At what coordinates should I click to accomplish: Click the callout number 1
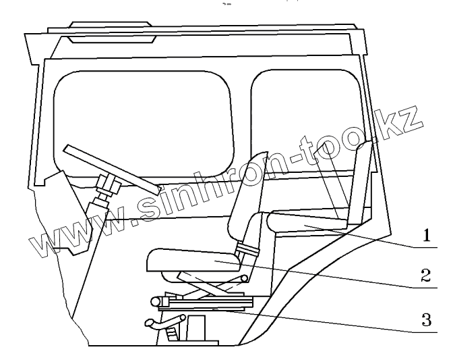click(x=426, y=237)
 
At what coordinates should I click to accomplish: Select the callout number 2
click(x=426, y=276)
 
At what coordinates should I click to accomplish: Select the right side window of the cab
click(x=303, y=111)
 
